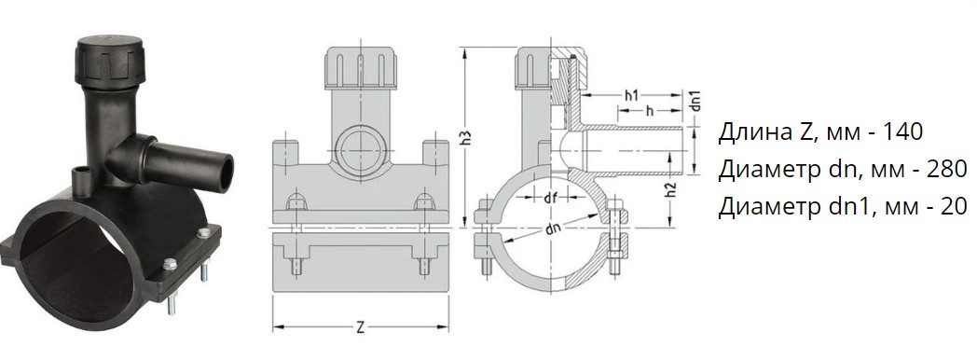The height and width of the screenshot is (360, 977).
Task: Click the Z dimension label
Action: [360, 327]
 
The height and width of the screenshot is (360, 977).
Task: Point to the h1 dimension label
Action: [631, 95]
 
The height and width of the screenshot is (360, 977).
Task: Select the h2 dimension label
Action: [671, 191]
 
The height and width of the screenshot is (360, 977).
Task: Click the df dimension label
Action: [550, 198]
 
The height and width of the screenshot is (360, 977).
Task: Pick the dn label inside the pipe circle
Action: [553, 228]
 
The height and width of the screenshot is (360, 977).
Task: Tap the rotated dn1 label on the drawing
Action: [696, 102]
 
